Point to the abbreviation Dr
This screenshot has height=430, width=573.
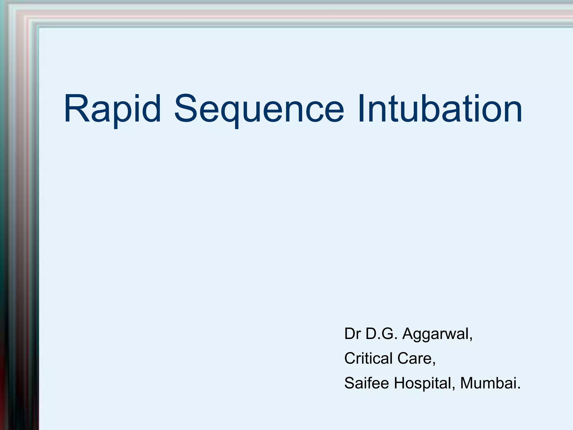tap(353, 334)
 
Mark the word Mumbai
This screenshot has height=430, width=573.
tap(488, 383)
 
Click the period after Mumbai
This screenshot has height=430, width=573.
tap(519, 389)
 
